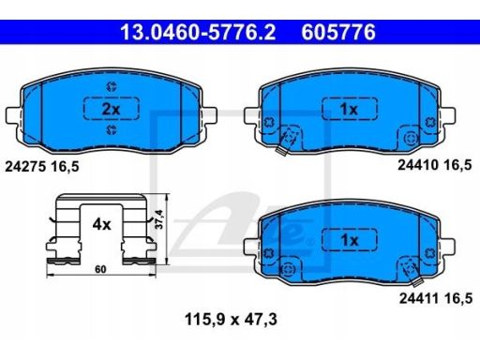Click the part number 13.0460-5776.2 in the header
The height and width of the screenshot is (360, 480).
coord(198,32)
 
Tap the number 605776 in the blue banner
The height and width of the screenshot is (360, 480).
coord(338,32)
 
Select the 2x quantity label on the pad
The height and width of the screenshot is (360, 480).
coord(112,109)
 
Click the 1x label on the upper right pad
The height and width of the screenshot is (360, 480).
coord(350,109)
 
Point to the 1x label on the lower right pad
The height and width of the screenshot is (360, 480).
coord(350,240)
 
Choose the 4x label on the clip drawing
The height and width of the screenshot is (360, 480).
coord(101,224)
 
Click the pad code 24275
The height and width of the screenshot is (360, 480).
coord(24,167)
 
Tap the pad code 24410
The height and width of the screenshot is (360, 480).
coord(418,165)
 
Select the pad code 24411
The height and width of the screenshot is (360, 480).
coord(419,298)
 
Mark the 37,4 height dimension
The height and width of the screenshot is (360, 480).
coord(159,219)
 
